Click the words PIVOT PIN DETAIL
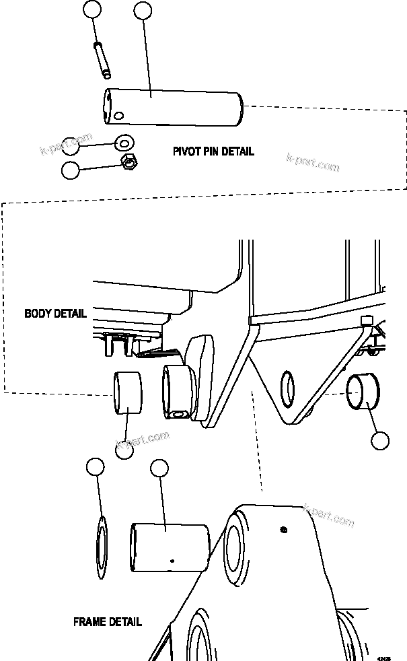pyautogui.click(x=213, y=151)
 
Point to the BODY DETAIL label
pyautogui.click(x=55, y=314)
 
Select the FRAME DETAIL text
pyautogui.click(x=108, y=622)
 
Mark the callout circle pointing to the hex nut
pyautogui.click(x=70, y=170)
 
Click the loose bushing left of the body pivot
pyautogui.click(x=128, y=394)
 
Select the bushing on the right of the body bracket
pyautogui.click(x=363, y=392)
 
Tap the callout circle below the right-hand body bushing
pyautogui.click(x=380, y=441)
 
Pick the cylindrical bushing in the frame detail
pyautogui.click(x=170, y=547)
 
